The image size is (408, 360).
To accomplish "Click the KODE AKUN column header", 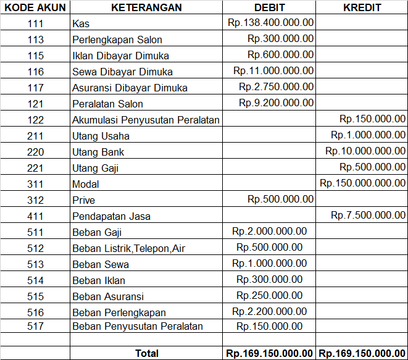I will [35, 8].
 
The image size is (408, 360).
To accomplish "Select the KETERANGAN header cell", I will [146, 8].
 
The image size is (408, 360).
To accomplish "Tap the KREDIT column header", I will [362, 8].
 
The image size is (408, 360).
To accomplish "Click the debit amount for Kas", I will [270, 23].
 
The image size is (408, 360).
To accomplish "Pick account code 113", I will [36, 40].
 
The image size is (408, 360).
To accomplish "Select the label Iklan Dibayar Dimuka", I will [120, 56].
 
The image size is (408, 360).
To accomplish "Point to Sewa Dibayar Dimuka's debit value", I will [273, 71].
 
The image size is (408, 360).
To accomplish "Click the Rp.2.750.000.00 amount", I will [276, 87].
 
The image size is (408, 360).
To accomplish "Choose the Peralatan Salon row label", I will [107, 104].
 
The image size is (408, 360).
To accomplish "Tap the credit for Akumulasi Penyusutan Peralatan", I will [372, 119].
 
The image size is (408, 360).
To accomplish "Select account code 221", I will [36, 168].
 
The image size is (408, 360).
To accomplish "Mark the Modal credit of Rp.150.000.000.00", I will [363, 183].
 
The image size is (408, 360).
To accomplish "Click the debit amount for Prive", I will [280, 199].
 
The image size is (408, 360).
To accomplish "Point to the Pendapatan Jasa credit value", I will [368, 216].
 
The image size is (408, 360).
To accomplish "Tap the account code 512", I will [36, 248].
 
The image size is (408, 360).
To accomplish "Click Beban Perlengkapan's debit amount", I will [269, 311].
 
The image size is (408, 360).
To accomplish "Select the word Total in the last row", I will [147, 353].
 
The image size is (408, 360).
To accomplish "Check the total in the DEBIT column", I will [270, 353].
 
